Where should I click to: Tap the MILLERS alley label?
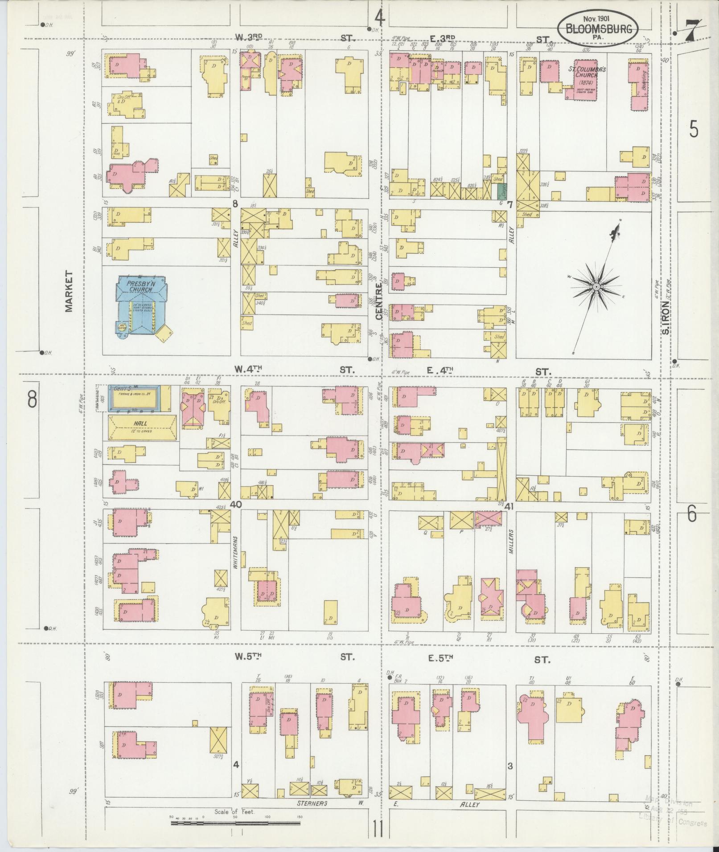point(511,542)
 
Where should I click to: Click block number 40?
point(236,505)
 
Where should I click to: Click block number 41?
point(510,505)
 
